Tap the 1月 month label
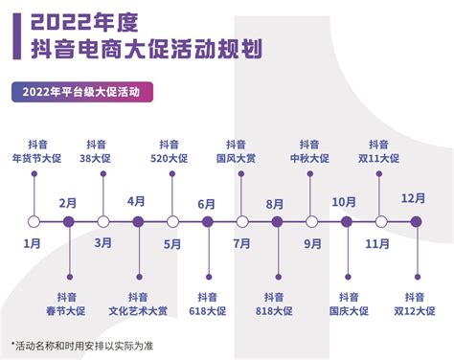(33, 243)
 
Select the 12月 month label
(414, 198)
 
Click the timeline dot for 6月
(207, 222)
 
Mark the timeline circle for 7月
(242, 222)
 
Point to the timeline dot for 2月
(68, 222)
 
